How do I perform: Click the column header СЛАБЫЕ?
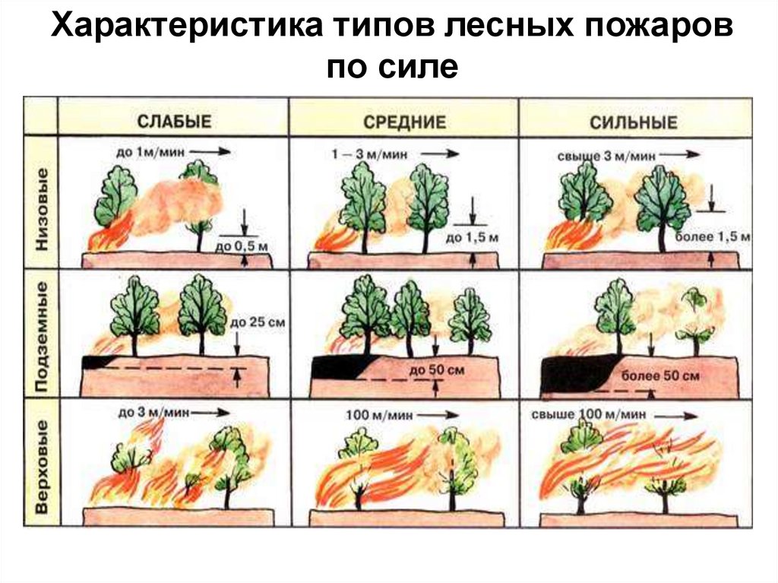[x=174, y=122]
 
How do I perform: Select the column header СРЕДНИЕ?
[x=403, y=122]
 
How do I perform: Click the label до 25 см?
[x=257, y=323]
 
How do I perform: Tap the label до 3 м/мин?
[x=147, y=413]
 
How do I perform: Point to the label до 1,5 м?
[x=469, y=239]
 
